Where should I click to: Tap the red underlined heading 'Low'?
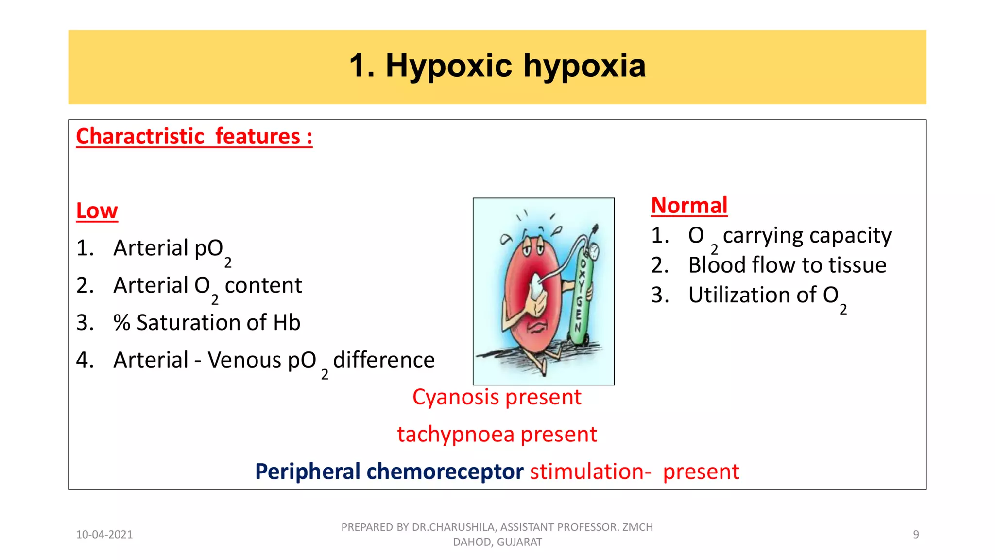[97, 211]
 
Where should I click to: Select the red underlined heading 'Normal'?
[689, 206]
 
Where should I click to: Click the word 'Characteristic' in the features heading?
[140, 137]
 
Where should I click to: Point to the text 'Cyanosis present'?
[497, 397]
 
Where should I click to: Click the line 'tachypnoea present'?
[497, 435]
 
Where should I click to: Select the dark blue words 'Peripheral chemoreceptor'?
[389, 472]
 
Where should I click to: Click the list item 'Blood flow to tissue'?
[787, 265]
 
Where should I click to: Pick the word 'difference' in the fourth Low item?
[384, 360]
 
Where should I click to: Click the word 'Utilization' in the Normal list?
[752, 295]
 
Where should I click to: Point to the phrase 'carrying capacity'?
[807, 236]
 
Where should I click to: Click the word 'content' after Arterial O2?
[263, 285]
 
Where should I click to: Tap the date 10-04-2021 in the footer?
[104, 535]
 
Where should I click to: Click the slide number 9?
[916, 535]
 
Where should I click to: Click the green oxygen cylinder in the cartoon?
[581, 301]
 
